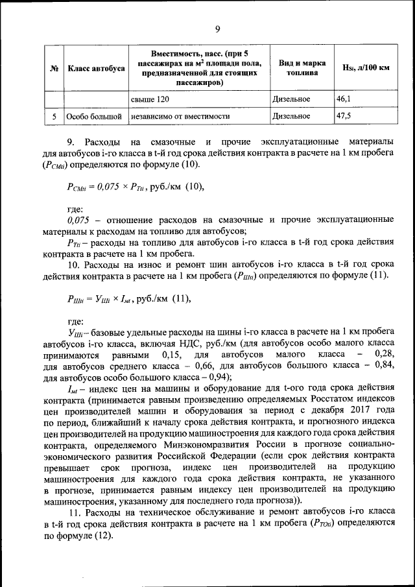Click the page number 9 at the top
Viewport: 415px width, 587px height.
coord(218,29)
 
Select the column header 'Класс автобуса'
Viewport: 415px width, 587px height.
coord(95,68)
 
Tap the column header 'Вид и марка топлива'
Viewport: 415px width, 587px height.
coord(298,68)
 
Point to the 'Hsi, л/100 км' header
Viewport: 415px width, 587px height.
coord(365,68)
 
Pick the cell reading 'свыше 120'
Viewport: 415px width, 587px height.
coord(150,99)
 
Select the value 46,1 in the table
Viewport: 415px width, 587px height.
coord(344,99)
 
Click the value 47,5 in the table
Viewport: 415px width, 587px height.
coord(344,115)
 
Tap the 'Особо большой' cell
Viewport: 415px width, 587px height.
coord(95,116)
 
